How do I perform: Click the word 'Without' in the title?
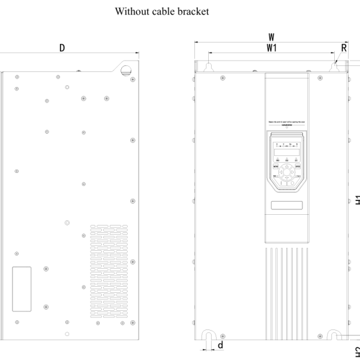132,11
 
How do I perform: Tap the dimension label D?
62,47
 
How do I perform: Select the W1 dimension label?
271,48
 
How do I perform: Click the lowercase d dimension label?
221,345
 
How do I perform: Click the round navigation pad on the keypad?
287,174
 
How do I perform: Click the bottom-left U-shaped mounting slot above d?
208,335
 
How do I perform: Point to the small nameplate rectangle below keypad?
287,206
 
